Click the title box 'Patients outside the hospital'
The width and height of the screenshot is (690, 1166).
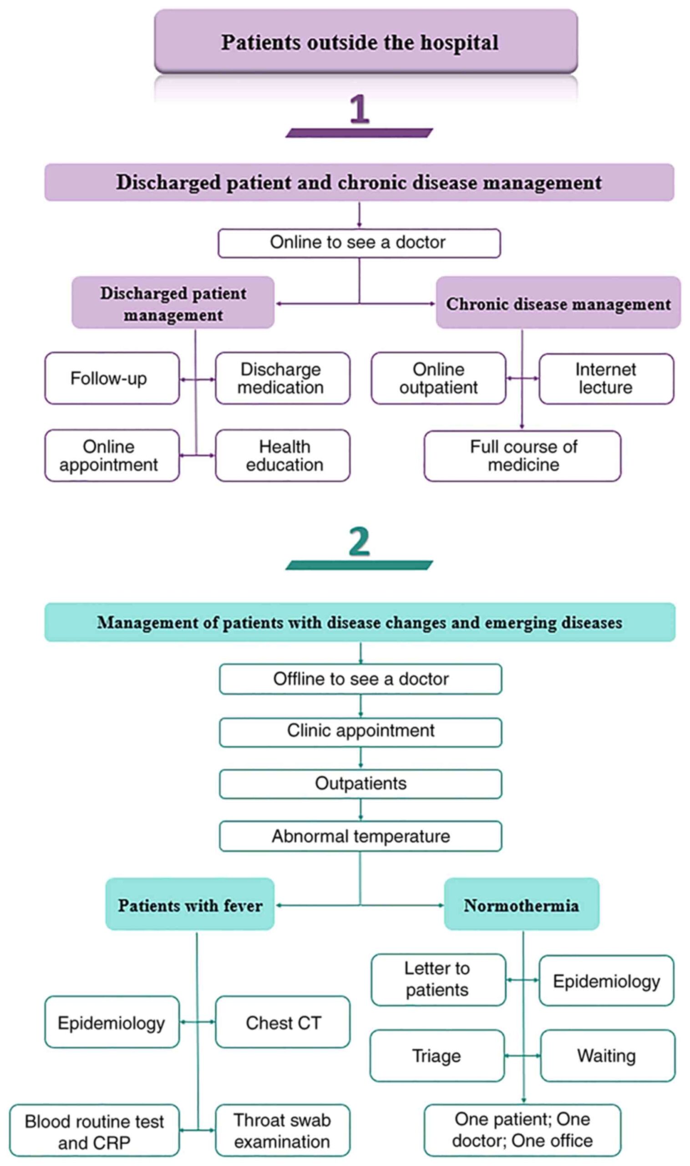[x=365, y=42]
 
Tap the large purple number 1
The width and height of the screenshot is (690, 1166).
[x=359, y=109]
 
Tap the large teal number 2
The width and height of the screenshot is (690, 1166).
[x=359, y=542]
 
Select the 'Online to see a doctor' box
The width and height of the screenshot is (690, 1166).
[x=359, y=242]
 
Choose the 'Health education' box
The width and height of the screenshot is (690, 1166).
[x=282, y=455]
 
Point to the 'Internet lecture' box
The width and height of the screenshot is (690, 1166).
[x=606, y=378]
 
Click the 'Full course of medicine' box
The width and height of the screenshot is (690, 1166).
[x=522, y=456]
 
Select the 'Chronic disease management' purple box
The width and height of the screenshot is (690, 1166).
[x=558, y=304]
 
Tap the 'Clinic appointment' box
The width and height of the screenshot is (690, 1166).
[x=360, y=732]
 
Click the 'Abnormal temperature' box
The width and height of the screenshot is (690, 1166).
[x=360, y=836]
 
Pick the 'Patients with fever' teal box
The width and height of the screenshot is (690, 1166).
[x=190, y=905]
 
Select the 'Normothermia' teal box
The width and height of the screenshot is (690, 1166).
[x=521, y=905]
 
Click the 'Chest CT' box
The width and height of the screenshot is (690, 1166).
[x=282, y=1022]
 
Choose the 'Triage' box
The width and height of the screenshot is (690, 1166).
[x=436, y=1056]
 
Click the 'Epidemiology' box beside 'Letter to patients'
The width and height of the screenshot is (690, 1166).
[x=606, y=980]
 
